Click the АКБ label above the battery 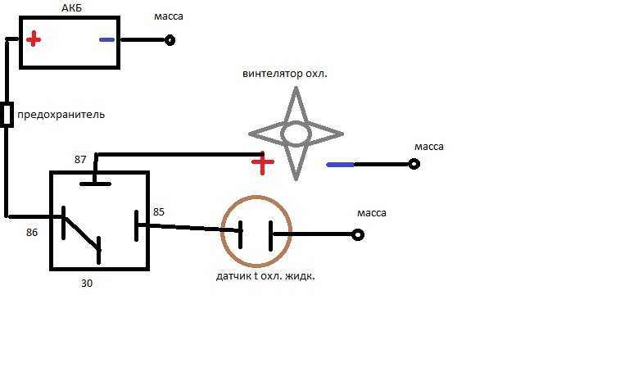pos(71,7)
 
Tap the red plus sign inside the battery pos(34,39)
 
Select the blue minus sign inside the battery pos(106,39)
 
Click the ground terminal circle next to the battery pos(170,40)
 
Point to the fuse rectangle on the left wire pos(7,115)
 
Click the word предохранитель pos(61,115)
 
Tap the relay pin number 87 pos(80,159)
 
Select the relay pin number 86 pos(32,233)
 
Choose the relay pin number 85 pos(159,212)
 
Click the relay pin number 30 pos(87,284)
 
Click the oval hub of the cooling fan pos(296,134)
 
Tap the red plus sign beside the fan pos(263,162)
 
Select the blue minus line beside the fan pos(340,165)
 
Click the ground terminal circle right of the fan pos(414,164)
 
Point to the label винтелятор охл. pos(285,74)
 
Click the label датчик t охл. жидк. pos(265,276)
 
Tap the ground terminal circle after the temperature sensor pos(358,234)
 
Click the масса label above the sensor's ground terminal pos(372,213)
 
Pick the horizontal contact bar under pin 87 pos(96,184)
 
